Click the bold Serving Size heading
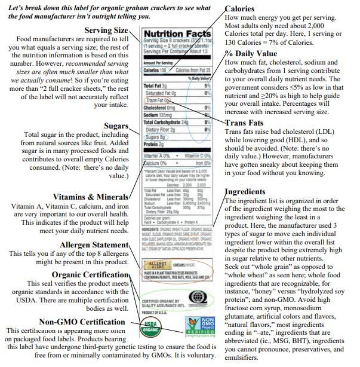pos(106,30)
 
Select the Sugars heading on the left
pos(116,126)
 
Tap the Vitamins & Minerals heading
pos(90,197)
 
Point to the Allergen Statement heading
pos(94,244)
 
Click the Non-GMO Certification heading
pos(82,322)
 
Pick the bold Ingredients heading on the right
pos(245,191)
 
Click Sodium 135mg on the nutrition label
pos(159,114)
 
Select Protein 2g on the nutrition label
pos(153,144)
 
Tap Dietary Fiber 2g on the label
pos(160,129)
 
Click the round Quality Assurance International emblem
pos(198,296)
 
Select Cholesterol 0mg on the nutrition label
pos(160,107)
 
